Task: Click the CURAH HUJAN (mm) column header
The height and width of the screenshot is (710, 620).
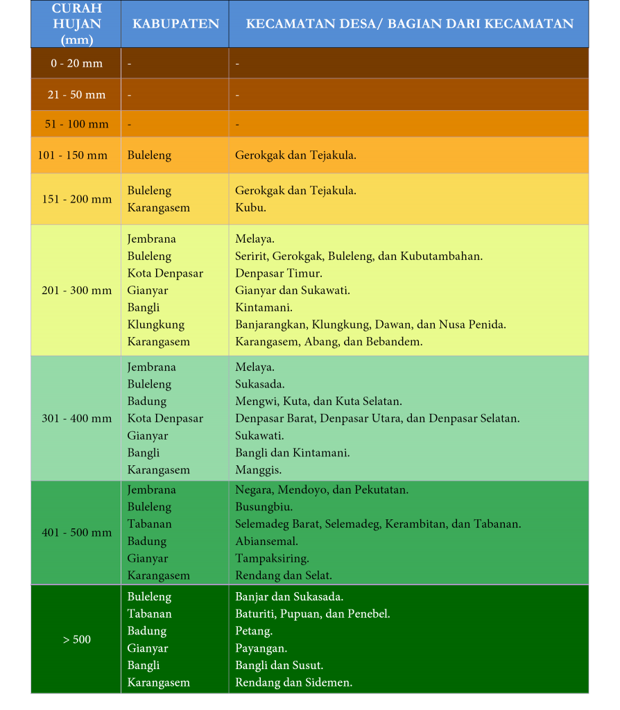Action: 76,24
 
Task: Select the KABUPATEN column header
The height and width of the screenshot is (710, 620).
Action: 175,24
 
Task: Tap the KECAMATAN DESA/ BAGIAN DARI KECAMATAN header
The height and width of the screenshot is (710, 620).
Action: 409,24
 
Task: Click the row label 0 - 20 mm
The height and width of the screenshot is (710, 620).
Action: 76,64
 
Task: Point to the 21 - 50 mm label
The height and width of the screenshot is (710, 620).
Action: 76,94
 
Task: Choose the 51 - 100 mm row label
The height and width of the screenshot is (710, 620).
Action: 76,124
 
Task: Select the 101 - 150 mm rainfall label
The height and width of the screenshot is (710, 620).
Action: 73,155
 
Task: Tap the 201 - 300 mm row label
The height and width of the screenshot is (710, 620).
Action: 76,291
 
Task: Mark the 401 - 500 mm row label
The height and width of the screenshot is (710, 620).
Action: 76,532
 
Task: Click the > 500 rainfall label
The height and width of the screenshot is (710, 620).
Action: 76,639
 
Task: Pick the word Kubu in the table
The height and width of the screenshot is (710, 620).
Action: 250,207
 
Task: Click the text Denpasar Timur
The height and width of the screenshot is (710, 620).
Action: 278,273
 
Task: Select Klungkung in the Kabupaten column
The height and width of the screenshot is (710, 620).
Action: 155,324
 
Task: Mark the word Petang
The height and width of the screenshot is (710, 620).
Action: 253,631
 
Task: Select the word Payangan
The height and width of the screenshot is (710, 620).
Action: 261,648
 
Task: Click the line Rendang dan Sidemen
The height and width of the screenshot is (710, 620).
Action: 293,682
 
